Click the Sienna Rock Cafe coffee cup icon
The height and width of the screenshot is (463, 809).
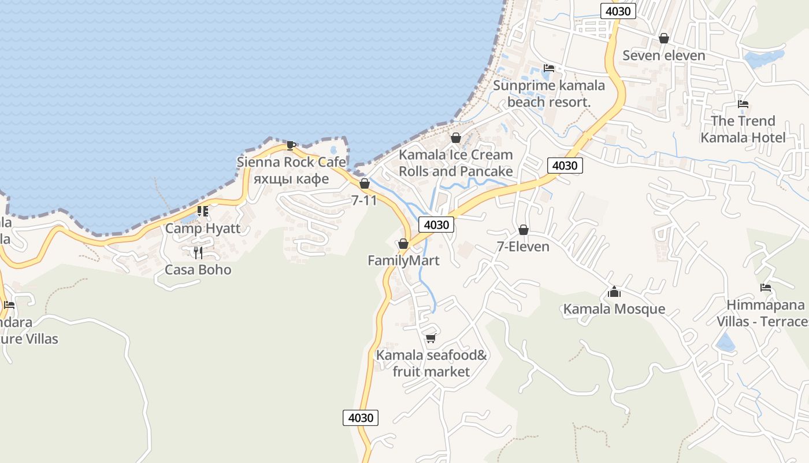pyautogui.click(x=291, y=145)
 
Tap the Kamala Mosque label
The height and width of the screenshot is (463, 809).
pyautogui.click(x=614, y=309)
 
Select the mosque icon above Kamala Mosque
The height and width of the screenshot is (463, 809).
pyautogui.click(x=614, y=292)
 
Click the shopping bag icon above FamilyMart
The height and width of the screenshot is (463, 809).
pyautogui.click(x=403, y=244)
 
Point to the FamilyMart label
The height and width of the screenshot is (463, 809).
pyautogui.click(x=403, y=260)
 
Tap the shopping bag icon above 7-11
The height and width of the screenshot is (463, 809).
pyautogui.click(x=365, y=183)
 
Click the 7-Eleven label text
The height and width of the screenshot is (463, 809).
pyautogui.click(x=523, y=247)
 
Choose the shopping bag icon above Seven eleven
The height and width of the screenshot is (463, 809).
pyautogui.click(x=664, y=38)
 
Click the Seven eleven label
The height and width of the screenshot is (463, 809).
pyautogui.click(x=664, y=56)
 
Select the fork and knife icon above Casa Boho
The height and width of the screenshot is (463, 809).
pyautogui.click(x=198, y=252)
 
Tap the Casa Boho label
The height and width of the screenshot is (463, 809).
pyautogui.click(x=198, y=270)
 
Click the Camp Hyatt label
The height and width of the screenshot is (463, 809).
pyautogui.click(x=203, y=228)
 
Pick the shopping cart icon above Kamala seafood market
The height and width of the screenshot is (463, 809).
pyautogui.click(x=431, y=338)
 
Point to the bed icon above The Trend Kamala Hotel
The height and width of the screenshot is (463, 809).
pyautogui.click(x=743, y=104)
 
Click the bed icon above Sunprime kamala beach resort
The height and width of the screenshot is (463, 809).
pyautogui.click(x=548, y=68)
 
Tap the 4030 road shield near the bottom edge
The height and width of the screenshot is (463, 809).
pyautogui.click(x=361, y=417)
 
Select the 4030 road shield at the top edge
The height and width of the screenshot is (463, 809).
pyautogui.click(x=618, y=11)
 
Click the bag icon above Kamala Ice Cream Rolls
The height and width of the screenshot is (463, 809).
pyautogui.click(x=456, y=138)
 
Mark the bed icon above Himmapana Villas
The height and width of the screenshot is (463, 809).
pyautogui.click(x=766, y=287)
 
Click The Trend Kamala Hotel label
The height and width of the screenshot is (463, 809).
pyautogui.click(x=743, y=129)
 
